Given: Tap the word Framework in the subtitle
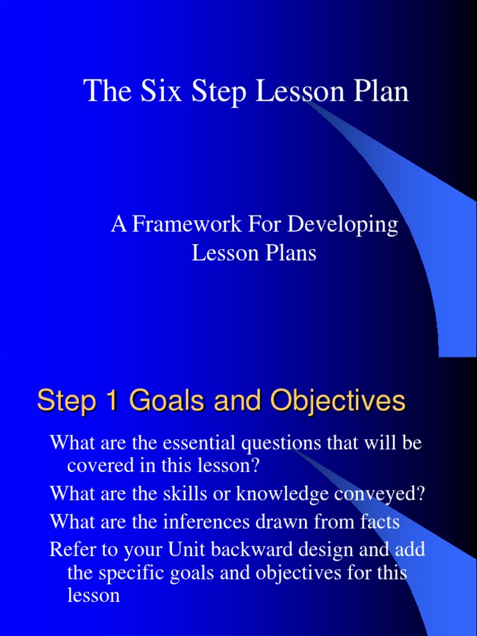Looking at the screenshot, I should click(186, 224).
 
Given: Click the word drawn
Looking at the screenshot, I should click(283, 522).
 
